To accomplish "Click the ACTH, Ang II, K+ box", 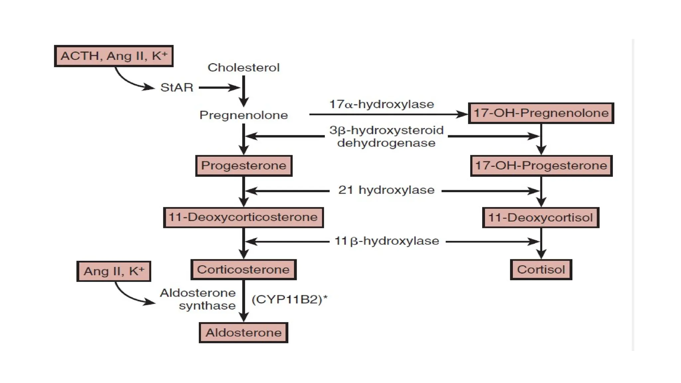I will coord(114,56).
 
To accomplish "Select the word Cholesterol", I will coord(243,67).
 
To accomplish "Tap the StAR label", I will coord(177,87).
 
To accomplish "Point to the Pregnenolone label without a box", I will coord(243,115).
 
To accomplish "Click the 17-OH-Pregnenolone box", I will coord(541,113).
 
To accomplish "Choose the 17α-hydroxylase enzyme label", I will coord(381,104).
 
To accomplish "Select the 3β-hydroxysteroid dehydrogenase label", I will coord(386,136).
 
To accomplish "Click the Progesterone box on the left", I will coord(243,166).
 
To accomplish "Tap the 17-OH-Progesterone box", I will coord(541,166).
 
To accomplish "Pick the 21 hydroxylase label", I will coord(386,190).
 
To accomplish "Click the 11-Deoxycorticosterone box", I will coord(243,217).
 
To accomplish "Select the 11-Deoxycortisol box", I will coord(540,217).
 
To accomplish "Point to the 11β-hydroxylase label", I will coord(386,241).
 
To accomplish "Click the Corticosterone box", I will coord(243,270).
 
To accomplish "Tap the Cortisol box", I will coord(541,270).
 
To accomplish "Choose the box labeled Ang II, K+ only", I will coord(114,271).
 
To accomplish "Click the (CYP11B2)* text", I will coord(289,300).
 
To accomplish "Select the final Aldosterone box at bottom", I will coord(243,332).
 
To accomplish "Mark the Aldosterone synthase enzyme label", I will coord(199,299).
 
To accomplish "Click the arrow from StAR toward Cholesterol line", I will coord(219,88).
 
